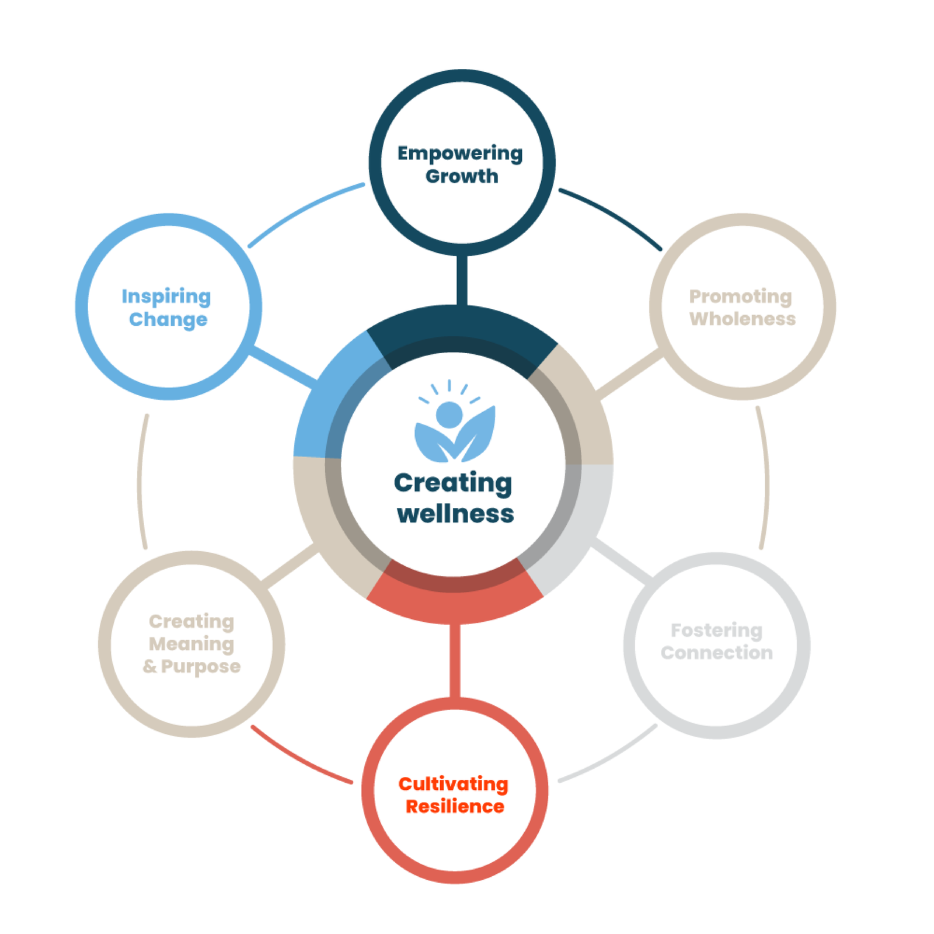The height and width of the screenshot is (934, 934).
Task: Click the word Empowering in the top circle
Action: (x=460, y=154)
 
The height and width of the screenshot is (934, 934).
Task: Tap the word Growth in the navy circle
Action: (x=462, y=176)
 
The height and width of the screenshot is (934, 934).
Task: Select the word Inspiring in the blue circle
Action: (x=166, y=297)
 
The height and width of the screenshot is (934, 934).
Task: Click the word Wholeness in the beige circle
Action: (x=742, y=319)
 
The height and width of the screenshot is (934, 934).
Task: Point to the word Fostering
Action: (x=716, y=630)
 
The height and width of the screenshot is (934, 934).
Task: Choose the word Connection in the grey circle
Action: (x=716, y=653)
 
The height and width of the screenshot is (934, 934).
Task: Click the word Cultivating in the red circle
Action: (x=453, y=784)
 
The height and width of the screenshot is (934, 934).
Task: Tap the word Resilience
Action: (x=455, y=807)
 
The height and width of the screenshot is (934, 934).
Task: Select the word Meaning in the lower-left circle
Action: (x=191, y=644)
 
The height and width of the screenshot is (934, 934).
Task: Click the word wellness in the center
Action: (x=455, y=514)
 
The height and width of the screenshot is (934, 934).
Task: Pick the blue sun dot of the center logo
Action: (x=449, y=414)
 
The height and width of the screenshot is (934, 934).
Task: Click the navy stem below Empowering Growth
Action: (x=462, y=280)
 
